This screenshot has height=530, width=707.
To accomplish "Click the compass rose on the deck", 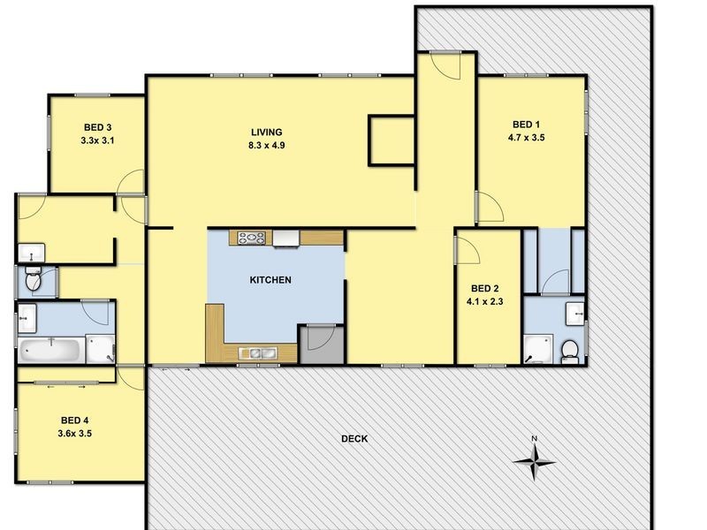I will (535, 458).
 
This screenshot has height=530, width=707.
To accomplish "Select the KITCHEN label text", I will (270, 280).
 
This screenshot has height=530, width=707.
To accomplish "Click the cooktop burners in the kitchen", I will (251, 237).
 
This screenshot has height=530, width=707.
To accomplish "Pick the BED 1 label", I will (526, 124).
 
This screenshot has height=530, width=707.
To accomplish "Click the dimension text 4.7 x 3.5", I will (526, 138).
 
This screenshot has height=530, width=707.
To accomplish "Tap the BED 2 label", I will (485, 288).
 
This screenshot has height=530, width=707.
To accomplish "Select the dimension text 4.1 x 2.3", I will (485, 301).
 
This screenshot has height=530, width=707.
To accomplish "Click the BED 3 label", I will (97, 126).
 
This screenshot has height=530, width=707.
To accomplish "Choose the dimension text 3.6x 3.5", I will (75, 434).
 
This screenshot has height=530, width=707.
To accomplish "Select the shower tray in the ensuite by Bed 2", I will (537, 348).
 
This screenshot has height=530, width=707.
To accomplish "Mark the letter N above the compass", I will (534, 438).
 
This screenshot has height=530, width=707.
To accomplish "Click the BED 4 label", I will (75, 420).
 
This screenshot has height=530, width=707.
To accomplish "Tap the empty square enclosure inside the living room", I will (391, 140).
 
